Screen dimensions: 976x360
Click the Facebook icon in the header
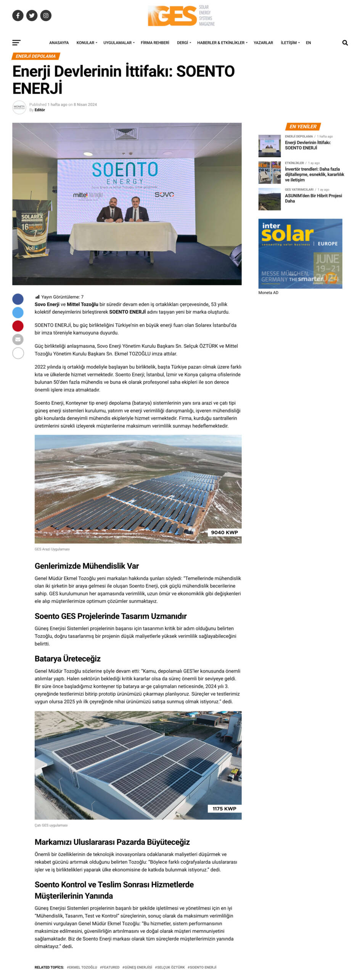tap(18, 16)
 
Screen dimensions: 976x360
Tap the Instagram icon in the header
tap(46, 16)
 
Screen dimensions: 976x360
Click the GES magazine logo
tap(181, 16)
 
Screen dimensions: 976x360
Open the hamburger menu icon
tap(16, 43)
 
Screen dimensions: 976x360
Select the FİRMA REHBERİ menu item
tap(155, 43)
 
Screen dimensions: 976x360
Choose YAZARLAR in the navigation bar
tap(263, 43)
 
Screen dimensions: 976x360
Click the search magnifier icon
tap(345, 43)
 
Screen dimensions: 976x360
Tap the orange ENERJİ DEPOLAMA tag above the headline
tap(36, 56)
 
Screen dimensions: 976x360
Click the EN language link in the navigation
tap(308, 43)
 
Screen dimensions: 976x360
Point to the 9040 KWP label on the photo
tap(224, 532)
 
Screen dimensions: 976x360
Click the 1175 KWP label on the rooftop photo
tap(224, 808)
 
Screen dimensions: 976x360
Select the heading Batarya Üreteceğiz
tap(67, 658)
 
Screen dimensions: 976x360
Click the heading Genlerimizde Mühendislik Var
tap(87, 566)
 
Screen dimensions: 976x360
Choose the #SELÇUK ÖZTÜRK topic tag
tap(170, 967)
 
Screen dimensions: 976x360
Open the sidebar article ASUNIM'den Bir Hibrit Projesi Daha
tap(313, 198)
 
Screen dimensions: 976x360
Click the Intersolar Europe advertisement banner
tap(300, 254)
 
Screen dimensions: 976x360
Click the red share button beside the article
tap(18, 326)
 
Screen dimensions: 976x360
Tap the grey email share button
tap(18, 339)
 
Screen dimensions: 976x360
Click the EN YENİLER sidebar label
tap(303, 127)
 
